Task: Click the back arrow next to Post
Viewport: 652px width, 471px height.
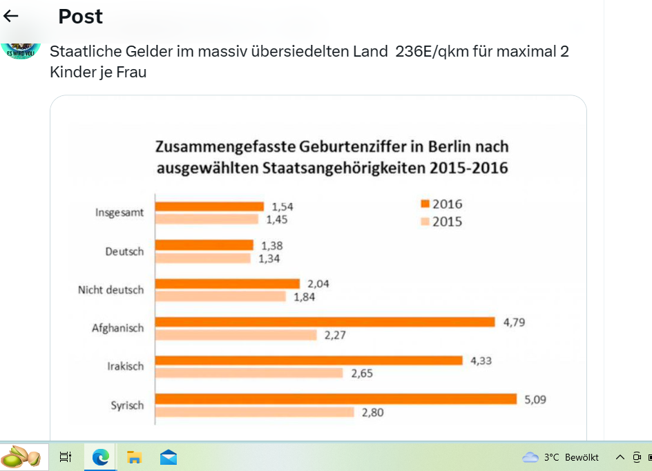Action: (x=11, y=17)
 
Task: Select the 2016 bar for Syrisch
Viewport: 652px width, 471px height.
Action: (x=336, y=398)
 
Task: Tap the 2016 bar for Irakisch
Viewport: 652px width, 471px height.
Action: (x=309, y=360)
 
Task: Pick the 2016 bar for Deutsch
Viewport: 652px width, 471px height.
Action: (x=204, y=245)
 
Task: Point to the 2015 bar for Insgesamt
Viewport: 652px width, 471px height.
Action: (x=207, y=220)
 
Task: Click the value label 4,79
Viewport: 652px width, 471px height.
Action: (x=513, y=322)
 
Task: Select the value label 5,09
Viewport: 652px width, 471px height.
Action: (x=535, y=399)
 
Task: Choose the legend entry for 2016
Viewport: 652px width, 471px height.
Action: (x=441, y=204)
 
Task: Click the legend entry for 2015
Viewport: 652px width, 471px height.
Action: (x=441, y=222)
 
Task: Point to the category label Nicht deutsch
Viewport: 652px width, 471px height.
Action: (x=111, y=290)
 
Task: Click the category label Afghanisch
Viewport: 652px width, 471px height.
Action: (x=117, y=328)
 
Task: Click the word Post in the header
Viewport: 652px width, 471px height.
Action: (x=80, y=17)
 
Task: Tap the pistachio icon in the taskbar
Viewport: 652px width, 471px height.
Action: (x=21, y=456)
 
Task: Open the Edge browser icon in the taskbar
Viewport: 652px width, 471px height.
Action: (x=101, y=456)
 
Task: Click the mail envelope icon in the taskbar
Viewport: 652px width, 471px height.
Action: (x=169, y=456)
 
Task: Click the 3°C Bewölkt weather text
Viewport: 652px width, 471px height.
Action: (x=570, y=457)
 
